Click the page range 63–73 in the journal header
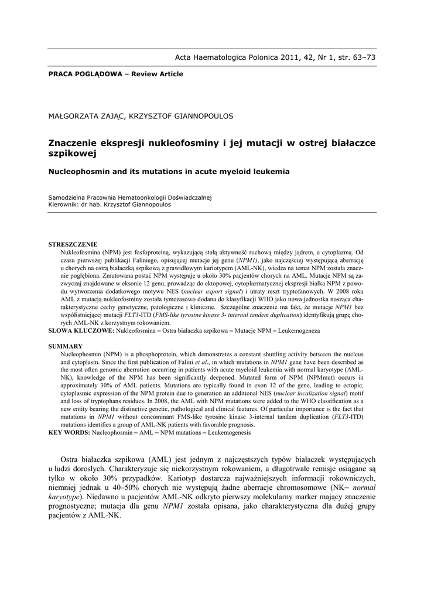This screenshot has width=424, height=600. pyautogui.click(x=363, y=57)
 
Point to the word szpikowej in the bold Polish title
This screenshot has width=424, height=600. pyautogui.click(x=71, y=153)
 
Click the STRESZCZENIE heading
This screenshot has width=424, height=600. pyautogui.click(x=73, y=244)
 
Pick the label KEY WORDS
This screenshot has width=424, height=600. pyautogui.click(x=69, y=432)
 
